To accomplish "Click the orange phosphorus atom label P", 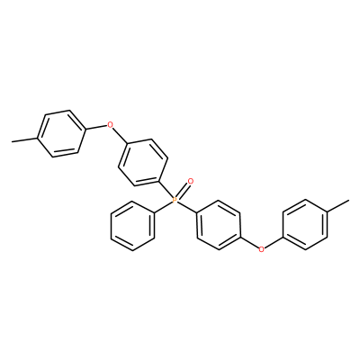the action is [175, 200].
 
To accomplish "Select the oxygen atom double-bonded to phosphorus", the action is [190, 182].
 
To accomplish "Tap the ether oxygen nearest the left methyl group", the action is [111, 124].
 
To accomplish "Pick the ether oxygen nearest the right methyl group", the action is [262, 248].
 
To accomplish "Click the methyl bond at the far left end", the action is [24, 139].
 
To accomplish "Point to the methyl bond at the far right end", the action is [337, 206].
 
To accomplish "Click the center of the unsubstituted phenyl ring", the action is [132, 226].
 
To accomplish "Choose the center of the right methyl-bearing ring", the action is [305, 224].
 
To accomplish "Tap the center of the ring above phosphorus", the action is [143, 162].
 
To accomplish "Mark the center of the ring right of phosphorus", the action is [218, 225].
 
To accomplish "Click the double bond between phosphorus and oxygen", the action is [183, 191].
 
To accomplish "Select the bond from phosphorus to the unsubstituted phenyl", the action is [164, 207].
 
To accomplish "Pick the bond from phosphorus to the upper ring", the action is [166, 191].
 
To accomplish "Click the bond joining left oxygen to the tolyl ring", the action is [97, 128].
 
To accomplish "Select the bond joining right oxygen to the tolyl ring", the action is [274, 242].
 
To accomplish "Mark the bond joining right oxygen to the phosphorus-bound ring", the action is [249, 242].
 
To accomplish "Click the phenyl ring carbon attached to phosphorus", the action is [155, 213].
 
